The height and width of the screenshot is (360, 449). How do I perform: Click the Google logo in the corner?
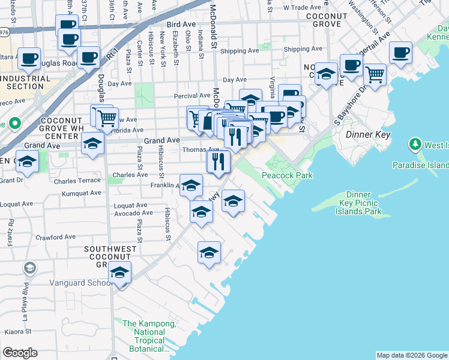point(20,353)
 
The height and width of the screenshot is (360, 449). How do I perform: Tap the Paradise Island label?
point(420,165)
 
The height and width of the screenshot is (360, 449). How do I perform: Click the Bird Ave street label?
point(181,24)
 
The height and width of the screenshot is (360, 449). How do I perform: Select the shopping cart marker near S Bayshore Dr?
point(375,75)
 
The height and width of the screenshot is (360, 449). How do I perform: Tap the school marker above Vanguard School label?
point(119,274)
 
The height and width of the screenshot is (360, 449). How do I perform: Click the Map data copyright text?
point(412,355)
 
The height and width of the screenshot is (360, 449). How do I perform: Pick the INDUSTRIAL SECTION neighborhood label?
point(29,82)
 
